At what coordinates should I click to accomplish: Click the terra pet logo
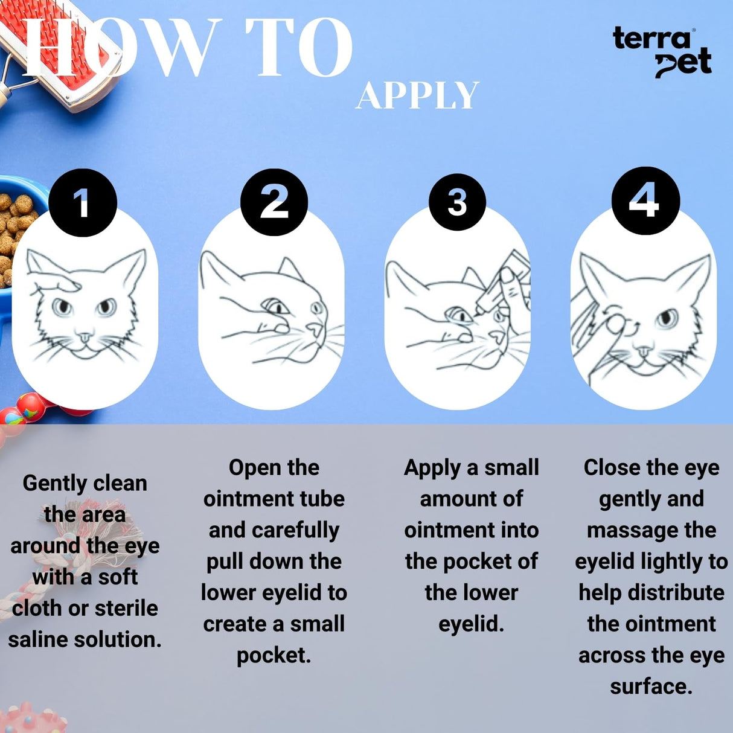tap(662, 52)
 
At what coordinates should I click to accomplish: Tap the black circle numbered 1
tap(82, 202)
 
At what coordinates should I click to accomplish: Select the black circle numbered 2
tap(274, 202)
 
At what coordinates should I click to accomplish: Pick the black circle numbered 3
tap(457, 202)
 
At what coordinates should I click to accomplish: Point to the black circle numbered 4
tap(645, 200)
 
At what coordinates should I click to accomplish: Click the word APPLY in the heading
tap(417, 96)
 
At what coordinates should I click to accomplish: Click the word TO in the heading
tap(298, 48)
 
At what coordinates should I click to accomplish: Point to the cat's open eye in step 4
tap(667, 318)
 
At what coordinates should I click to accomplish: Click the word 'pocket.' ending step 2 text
tap(274, 655)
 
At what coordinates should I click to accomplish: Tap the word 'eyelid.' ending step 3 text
tap(471, 624)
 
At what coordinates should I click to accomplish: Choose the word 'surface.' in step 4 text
tap(651, 687)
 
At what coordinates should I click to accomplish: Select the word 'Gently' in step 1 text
tap(51, 483)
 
